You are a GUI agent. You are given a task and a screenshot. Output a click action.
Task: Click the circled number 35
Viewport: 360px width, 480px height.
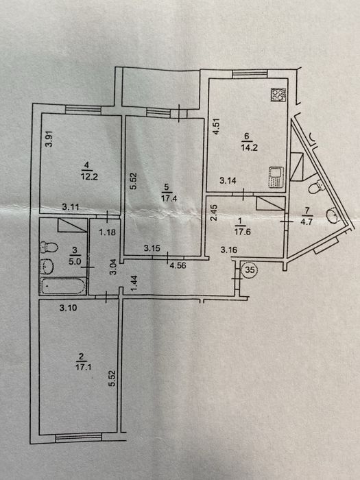[x=250, y=270]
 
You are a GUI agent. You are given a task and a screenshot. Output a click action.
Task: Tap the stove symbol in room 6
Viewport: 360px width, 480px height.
[x=278, y=95]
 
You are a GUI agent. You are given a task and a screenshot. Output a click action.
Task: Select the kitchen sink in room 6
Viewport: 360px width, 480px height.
[x=276, y=177]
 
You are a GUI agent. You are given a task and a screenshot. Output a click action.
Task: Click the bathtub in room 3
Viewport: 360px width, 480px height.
[x=63, y=286]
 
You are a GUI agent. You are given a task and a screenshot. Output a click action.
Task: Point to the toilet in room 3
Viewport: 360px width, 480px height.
[x=49, y=247]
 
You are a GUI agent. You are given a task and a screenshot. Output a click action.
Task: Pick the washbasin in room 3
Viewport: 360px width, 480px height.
[x=47, y=267]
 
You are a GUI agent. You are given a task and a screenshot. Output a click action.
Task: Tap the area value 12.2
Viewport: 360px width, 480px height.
[x=89, y=177]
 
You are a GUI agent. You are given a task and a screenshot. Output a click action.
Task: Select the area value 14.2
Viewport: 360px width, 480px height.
[x=249, y=147]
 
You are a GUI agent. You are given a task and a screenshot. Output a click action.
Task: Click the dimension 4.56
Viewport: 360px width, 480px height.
[x=178, y=265]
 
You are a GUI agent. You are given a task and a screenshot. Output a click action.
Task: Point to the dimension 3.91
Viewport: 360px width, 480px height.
[x=49, y=139]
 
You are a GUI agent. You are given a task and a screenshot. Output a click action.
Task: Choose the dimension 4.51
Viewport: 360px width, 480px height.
[x=217, y=127]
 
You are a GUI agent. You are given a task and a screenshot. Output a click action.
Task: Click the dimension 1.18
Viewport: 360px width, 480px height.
[x=108, y=232]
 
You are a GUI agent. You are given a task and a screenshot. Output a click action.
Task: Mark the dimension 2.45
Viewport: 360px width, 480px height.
[x=215, y=213]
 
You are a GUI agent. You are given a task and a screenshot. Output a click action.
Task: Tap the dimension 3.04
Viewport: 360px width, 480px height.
[x=113, y=267]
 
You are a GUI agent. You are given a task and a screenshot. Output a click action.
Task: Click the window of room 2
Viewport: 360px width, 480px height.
[x=79, y=437]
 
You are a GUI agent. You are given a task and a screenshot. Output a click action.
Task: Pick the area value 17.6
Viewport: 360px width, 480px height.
[x=243, y=232]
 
